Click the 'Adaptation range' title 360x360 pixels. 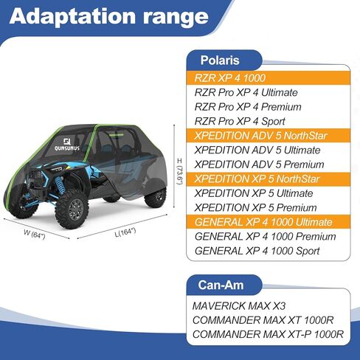point(109,16)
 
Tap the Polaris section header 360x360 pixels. point(220,60)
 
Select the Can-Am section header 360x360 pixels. point(221,285)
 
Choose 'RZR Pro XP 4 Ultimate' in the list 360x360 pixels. point(246,92)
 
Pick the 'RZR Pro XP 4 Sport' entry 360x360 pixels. point(240,121)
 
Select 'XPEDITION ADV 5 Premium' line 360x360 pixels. point(259,165)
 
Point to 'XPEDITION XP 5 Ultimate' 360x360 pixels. point(254,193)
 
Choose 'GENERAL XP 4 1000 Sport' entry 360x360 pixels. point(257,251)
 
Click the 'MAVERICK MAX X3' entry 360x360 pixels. point(239,306)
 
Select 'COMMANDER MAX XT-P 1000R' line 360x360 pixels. point(268,334)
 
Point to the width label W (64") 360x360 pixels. point(35,234)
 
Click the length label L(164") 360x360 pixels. point(125,232)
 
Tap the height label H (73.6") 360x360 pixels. point(180,171)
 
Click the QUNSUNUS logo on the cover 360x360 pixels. point(67,145)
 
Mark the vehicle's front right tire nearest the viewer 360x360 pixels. point(72,209)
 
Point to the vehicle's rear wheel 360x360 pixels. point(156,196)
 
